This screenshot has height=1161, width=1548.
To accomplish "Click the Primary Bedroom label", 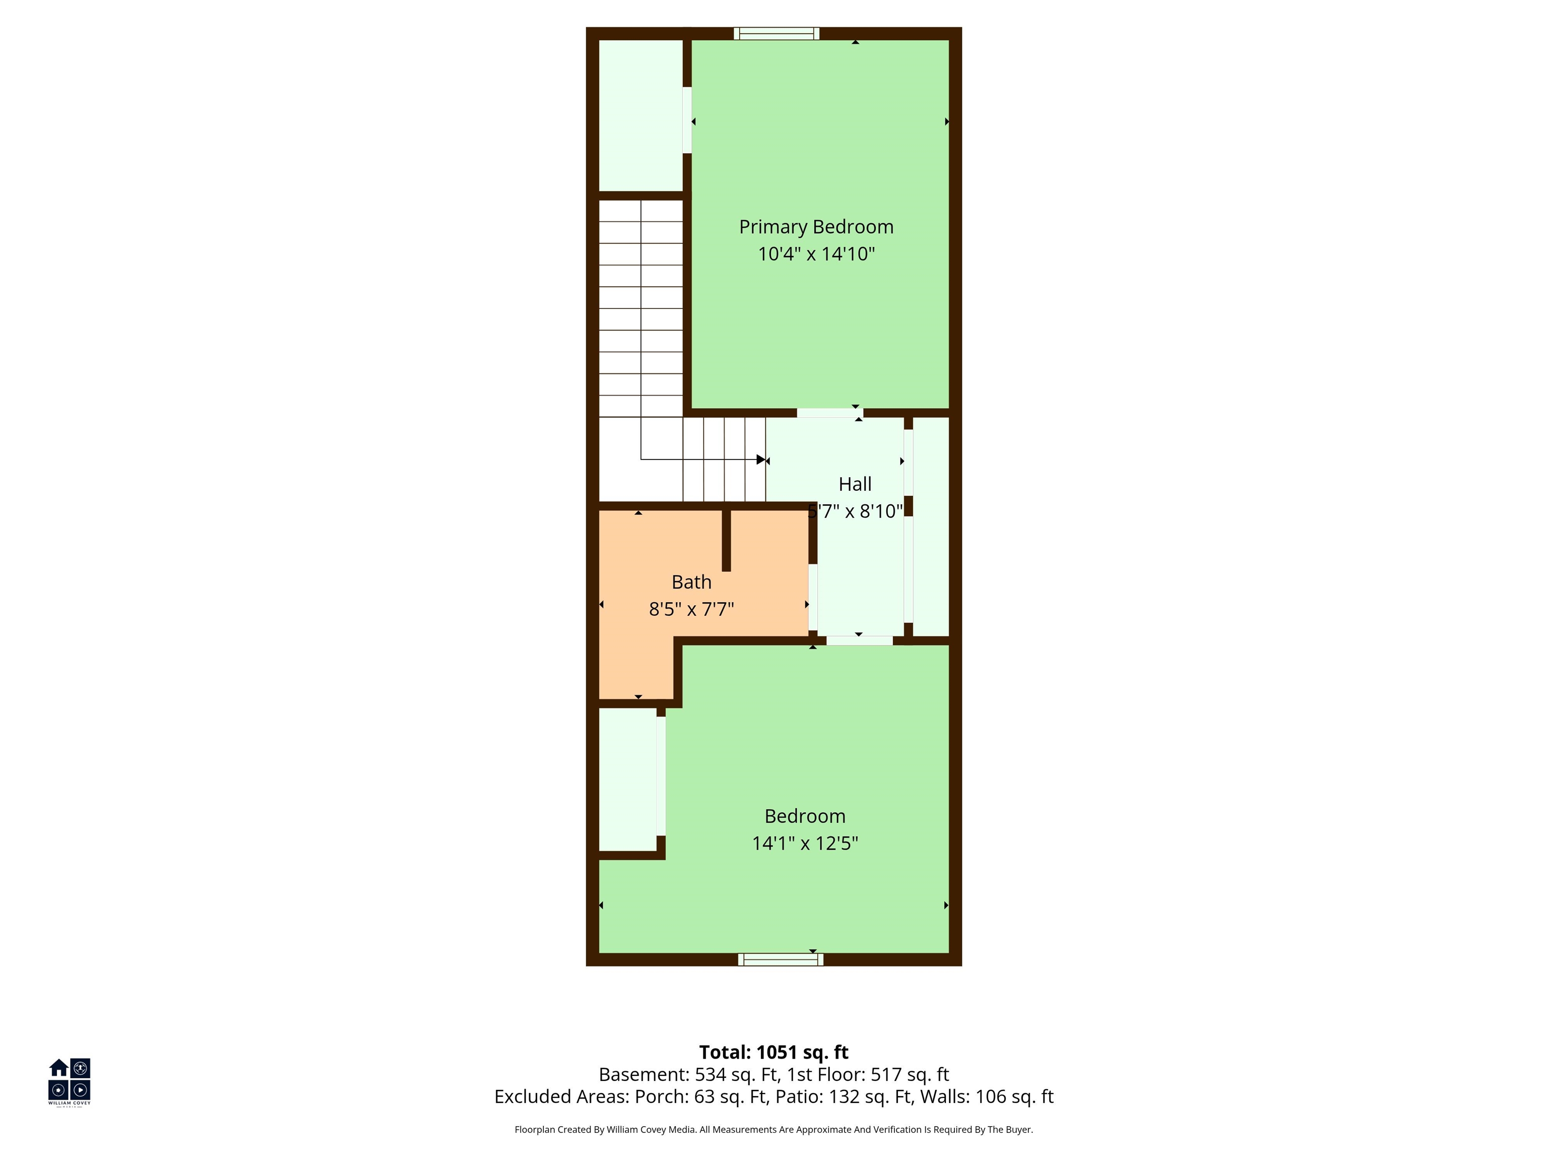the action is (x=816, y=227).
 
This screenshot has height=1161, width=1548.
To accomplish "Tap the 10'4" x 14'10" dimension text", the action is (x=816, y=253).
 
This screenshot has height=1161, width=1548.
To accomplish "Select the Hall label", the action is (x=855, y=484).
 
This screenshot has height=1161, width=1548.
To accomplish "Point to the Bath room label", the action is (x=691, y=582).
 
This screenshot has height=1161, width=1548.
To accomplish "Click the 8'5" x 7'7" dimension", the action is (x=691, y=609).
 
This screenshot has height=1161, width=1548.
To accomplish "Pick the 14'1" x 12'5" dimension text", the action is (x=805, y=843).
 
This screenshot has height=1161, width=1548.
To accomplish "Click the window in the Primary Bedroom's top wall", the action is (x=776, y=34).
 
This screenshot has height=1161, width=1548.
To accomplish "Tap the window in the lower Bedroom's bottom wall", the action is (x=780, y=959).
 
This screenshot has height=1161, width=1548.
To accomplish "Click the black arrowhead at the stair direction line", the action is (x=761, y=460).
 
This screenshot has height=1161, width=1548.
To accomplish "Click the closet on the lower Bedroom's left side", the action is (x=628, y=780).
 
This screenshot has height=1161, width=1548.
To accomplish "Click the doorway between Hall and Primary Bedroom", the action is (x=830, y=413).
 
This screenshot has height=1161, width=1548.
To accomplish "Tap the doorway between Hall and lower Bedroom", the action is (x=859, y=640).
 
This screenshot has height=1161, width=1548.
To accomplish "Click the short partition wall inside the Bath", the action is (x=727, y=540).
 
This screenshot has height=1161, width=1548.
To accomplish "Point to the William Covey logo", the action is (x=69, y=1081).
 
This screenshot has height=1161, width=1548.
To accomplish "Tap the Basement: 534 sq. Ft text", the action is (x=689, y=1074).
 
